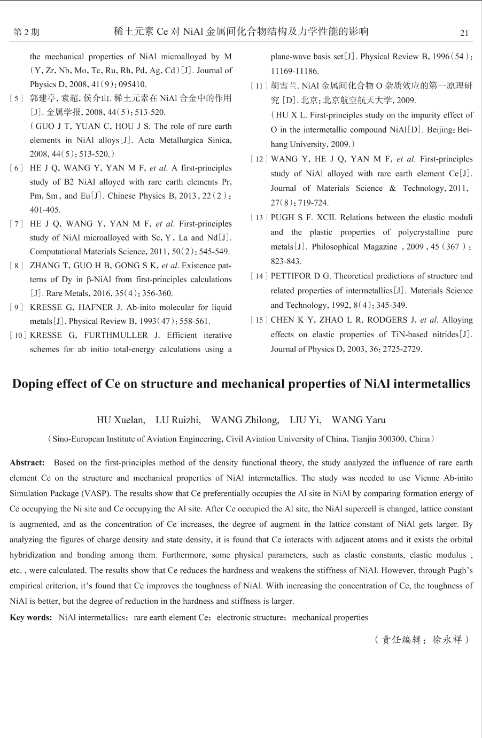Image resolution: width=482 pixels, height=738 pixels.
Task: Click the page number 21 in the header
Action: click(x=464, y=33)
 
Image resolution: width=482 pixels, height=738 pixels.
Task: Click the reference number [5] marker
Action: click(x=16, y=98)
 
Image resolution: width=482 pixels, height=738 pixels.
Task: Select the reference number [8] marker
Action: click(x=16, y=266)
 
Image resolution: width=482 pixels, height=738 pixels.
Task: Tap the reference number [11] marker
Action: click(x=259, y=86)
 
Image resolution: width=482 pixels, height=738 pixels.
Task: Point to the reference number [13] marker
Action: click(x=259, y=218)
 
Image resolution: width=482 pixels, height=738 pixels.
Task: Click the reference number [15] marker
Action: click(x=259, y=321)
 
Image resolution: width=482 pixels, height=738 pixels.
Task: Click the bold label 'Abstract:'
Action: click(x=27, y=463)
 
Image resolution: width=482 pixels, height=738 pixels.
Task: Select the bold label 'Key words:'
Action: click(x=31, y=618)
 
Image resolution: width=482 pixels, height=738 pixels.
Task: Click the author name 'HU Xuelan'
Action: click(x=120, y=420)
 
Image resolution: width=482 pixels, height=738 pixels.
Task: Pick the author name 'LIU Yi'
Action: click(x=305, y=420)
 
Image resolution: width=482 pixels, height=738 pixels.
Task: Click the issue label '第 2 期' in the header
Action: click(x=26, y=33)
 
